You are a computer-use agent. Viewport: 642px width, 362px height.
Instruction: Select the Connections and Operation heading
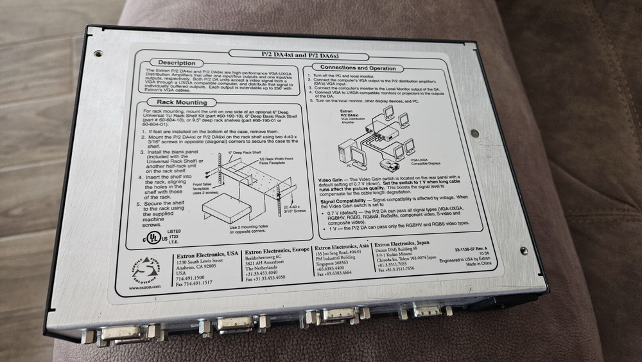point(358,68)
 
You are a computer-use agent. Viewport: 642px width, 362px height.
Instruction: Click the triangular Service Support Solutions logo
point(144,270)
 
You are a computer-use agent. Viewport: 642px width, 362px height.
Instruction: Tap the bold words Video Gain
point(333,180)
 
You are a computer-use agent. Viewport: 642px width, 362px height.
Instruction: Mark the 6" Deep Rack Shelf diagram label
point(239,153)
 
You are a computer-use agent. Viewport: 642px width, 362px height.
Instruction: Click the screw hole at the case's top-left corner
point(98,55)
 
